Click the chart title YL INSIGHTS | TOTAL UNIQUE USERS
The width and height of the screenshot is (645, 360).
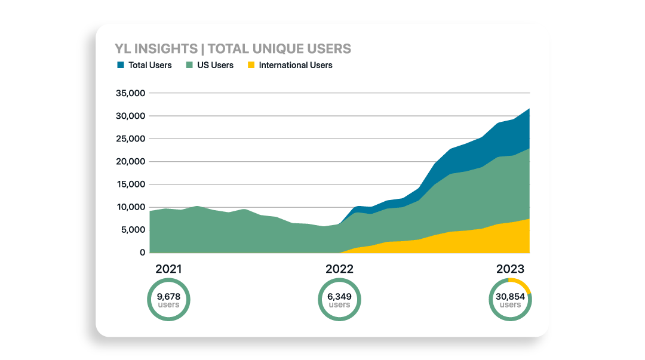coord(232,48)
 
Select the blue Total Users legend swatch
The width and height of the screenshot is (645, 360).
coord(121,65)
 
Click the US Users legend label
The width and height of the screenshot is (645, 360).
coord(215,65)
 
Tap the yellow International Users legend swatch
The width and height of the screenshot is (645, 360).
coord(251,65)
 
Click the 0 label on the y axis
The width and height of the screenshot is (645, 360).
coord(142,253)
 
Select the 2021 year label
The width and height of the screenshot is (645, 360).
coord(168,269)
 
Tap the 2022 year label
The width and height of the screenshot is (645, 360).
coord(339,269)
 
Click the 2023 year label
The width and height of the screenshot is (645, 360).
coord(510,269)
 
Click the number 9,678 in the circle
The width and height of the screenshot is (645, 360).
coord(168,296)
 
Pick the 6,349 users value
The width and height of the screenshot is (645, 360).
coord(339,296)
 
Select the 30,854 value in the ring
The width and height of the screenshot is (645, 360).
coord(510,296)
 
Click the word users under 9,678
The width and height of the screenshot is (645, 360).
coord(168,304)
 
